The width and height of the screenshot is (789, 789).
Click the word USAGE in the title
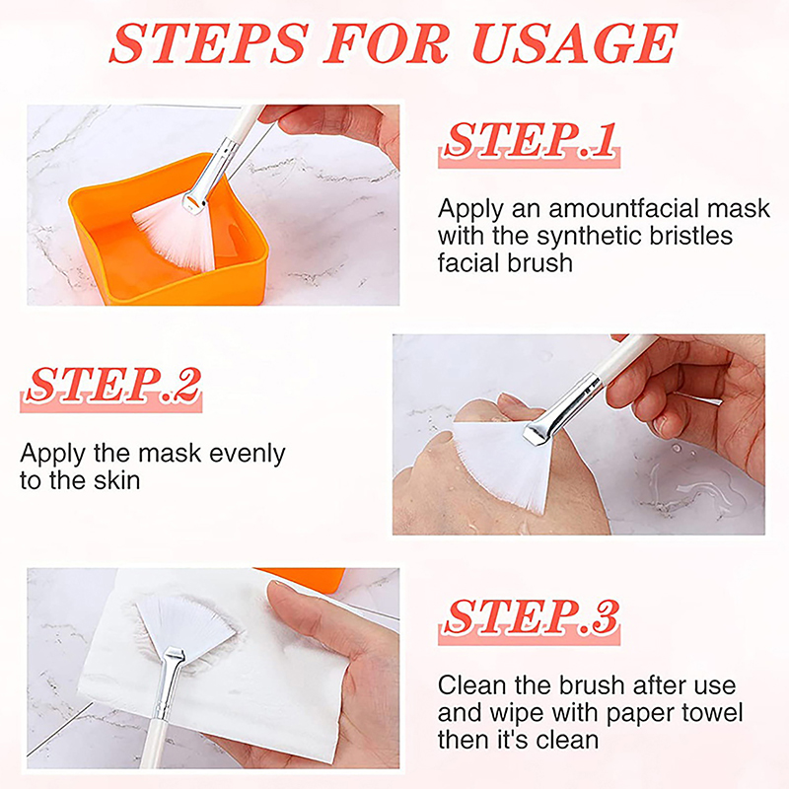(x=574, y=43)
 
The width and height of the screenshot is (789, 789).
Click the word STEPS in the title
(x=209, y=43)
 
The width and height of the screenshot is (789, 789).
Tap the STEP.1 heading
(x=529, y=142)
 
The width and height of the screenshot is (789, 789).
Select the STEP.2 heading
(x=110, y=388)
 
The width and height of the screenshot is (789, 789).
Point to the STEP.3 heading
(x=529, y=619)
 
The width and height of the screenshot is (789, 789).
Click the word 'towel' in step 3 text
(x=712, y=712)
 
